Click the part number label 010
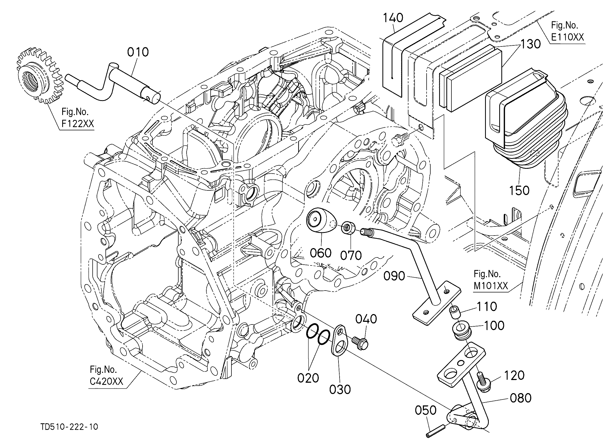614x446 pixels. [138, 52]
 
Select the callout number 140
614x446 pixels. [393, 18]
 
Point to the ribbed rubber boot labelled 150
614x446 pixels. [526, 119]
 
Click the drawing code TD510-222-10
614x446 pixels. [69, 427]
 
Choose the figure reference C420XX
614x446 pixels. [107, 382]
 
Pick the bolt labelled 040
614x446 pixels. [360, 344]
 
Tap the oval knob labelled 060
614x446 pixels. [321, 221]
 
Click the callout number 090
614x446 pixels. [394, 276]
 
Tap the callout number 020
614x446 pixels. [308, 378]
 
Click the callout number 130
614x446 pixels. [530, 44]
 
